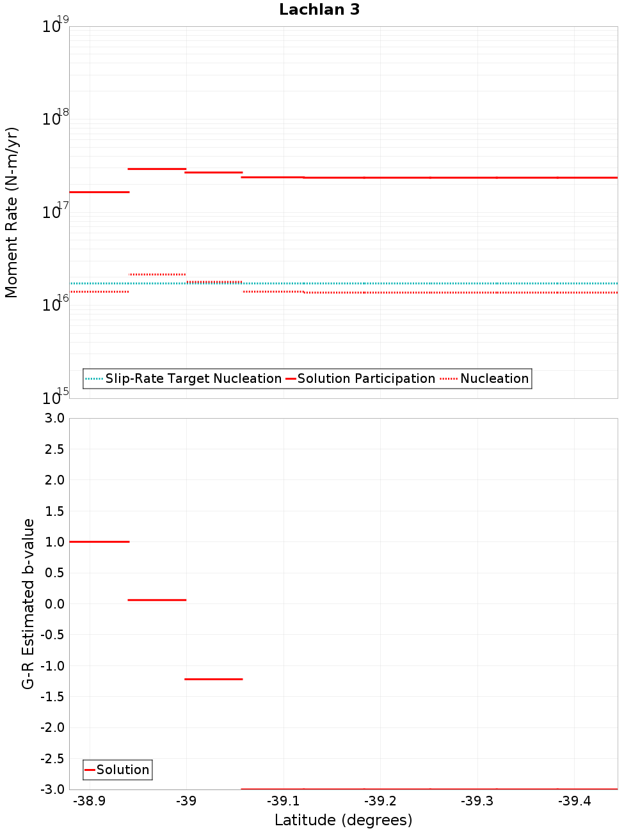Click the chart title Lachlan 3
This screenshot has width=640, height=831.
point(319,10)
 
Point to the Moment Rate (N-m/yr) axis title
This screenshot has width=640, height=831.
point(12,212)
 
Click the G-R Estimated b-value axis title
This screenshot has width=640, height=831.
point(28,603)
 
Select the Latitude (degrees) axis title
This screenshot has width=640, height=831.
point(343,820)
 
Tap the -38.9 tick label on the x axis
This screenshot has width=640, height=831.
point(89,802)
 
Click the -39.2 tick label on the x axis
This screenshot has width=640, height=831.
point(380,802)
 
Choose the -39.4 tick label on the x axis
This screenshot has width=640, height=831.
point(573,802)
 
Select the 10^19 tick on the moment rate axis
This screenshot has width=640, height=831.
point(55,26)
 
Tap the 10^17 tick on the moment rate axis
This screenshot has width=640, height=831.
point(55,212)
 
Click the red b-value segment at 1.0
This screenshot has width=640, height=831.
point(99,541)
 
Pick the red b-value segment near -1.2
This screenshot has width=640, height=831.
point(214,679)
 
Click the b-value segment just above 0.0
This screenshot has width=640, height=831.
point(157,600)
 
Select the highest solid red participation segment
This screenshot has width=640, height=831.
point(157,169)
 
